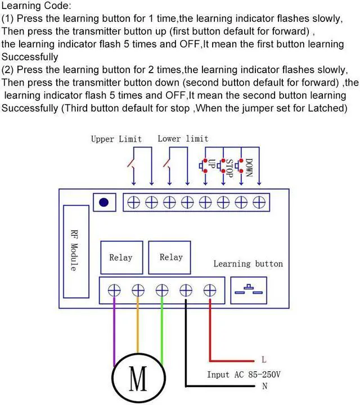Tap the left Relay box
click(121, 258)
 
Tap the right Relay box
click(170, 257)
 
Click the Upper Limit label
click(116, 139)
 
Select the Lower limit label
click(183, 138)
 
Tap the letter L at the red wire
click(264, 359)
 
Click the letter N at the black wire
click(264, 386)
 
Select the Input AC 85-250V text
click(243, 374)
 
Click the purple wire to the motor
click(115, 332)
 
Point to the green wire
click(162, 332)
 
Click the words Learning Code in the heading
click(37, 7)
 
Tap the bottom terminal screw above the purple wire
click(115, 290)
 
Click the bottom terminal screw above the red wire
click(210, 290)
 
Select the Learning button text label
click(248, 263)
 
